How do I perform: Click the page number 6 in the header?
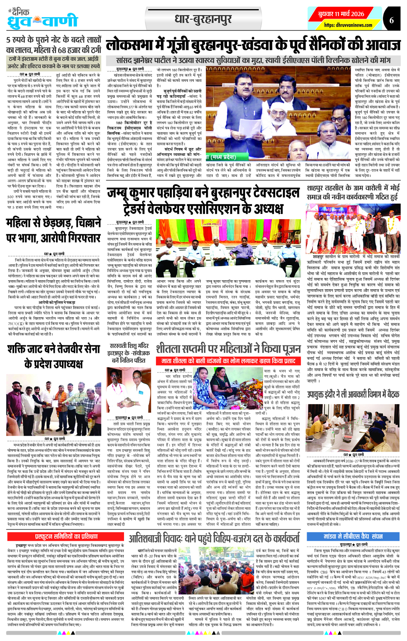[391, 20]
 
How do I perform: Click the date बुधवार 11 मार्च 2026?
[341, 14]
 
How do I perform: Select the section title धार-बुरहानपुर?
[203, 19]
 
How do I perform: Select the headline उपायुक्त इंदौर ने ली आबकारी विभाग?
[353, 394]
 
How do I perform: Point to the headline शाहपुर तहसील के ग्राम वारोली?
[353, 192]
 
